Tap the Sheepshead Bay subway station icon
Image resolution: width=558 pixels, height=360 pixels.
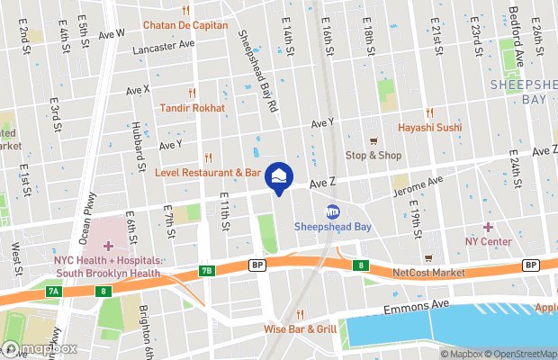[332, 211]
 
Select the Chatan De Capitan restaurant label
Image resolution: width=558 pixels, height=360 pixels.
[185, 24]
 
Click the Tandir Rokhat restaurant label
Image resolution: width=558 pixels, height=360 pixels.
[192, 107]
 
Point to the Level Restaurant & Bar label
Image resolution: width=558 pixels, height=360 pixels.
[207, 171]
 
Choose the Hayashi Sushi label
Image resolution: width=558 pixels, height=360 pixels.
[430, 127]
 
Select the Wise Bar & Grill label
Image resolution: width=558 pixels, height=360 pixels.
[301, 328]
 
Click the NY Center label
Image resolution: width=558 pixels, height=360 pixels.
[489, 241]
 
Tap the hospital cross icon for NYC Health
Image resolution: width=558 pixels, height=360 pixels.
[109, 246]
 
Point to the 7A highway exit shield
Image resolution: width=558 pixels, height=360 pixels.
[54, 291]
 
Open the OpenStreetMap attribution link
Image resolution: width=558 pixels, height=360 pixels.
[517, 354]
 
